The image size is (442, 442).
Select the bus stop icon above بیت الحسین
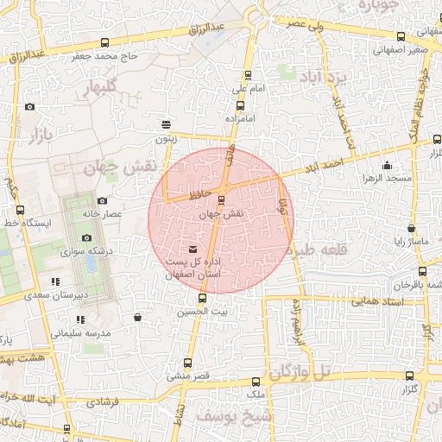coord(203,298)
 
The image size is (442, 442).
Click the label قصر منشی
coord(190,377)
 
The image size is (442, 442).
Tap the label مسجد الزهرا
coord(387,178)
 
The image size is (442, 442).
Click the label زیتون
coord(165,138)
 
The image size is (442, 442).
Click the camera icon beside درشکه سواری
coord(85,238)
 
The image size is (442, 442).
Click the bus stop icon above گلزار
coord(410,376)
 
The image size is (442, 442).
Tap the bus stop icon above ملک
coord(255,381)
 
